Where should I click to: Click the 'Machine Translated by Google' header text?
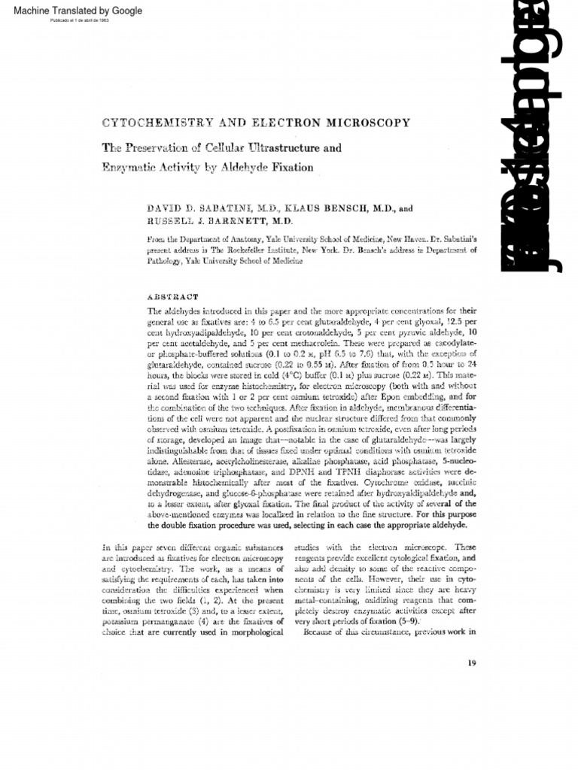click(73, 10)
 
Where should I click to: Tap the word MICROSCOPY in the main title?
click(367, 122)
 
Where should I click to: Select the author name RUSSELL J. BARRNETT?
click(199, 220)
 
